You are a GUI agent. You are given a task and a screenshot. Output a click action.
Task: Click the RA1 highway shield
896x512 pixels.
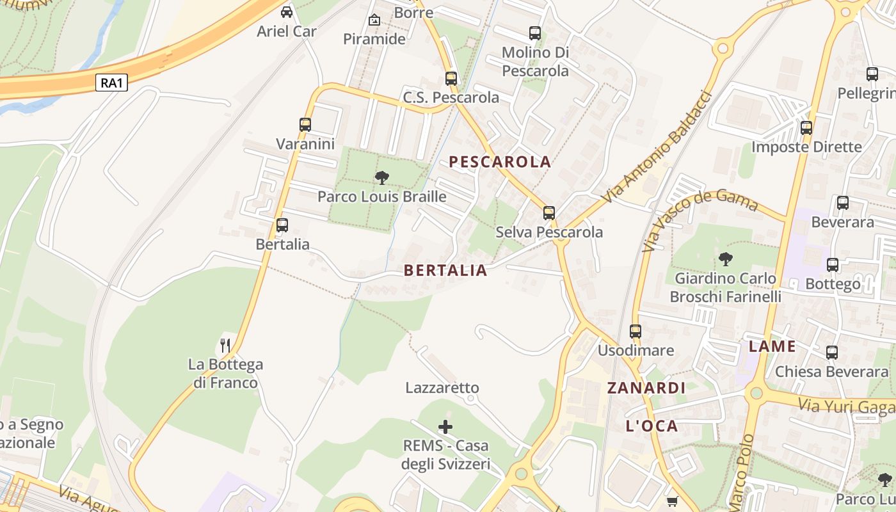111,83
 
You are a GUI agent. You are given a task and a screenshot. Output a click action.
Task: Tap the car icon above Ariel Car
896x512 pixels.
287,12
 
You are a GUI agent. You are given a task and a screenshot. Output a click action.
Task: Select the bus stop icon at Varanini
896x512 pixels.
305,124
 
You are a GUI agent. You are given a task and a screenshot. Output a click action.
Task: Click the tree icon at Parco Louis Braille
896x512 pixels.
381,177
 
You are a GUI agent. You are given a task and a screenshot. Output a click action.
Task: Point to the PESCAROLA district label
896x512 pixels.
500,162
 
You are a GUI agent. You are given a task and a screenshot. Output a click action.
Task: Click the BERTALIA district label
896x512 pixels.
445,271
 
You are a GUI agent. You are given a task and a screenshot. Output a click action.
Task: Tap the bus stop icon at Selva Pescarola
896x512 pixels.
549,212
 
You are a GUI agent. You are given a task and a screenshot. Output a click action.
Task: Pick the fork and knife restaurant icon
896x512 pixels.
225,346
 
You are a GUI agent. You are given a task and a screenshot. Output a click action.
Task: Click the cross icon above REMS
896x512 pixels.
445,426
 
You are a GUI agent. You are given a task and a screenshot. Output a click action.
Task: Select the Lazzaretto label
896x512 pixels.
442,388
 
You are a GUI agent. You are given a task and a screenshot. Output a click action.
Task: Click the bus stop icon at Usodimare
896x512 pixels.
636,331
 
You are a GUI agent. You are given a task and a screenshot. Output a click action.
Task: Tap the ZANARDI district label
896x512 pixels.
646,388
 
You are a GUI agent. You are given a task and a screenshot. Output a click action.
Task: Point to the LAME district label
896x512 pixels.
772,347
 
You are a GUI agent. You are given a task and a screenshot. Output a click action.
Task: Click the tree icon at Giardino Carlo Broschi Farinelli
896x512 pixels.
725,259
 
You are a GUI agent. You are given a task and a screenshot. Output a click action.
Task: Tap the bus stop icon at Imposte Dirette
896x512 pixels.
806,127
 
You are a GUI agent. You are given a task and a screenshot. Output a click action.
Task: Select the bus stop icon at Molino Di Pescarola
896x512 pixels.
535,33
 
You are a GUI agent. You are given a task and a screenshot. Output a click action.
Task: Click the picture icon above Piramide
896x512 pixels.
374,20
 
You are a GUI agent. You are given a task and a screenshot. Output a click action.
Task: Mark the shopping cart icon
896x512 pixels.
672,501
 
